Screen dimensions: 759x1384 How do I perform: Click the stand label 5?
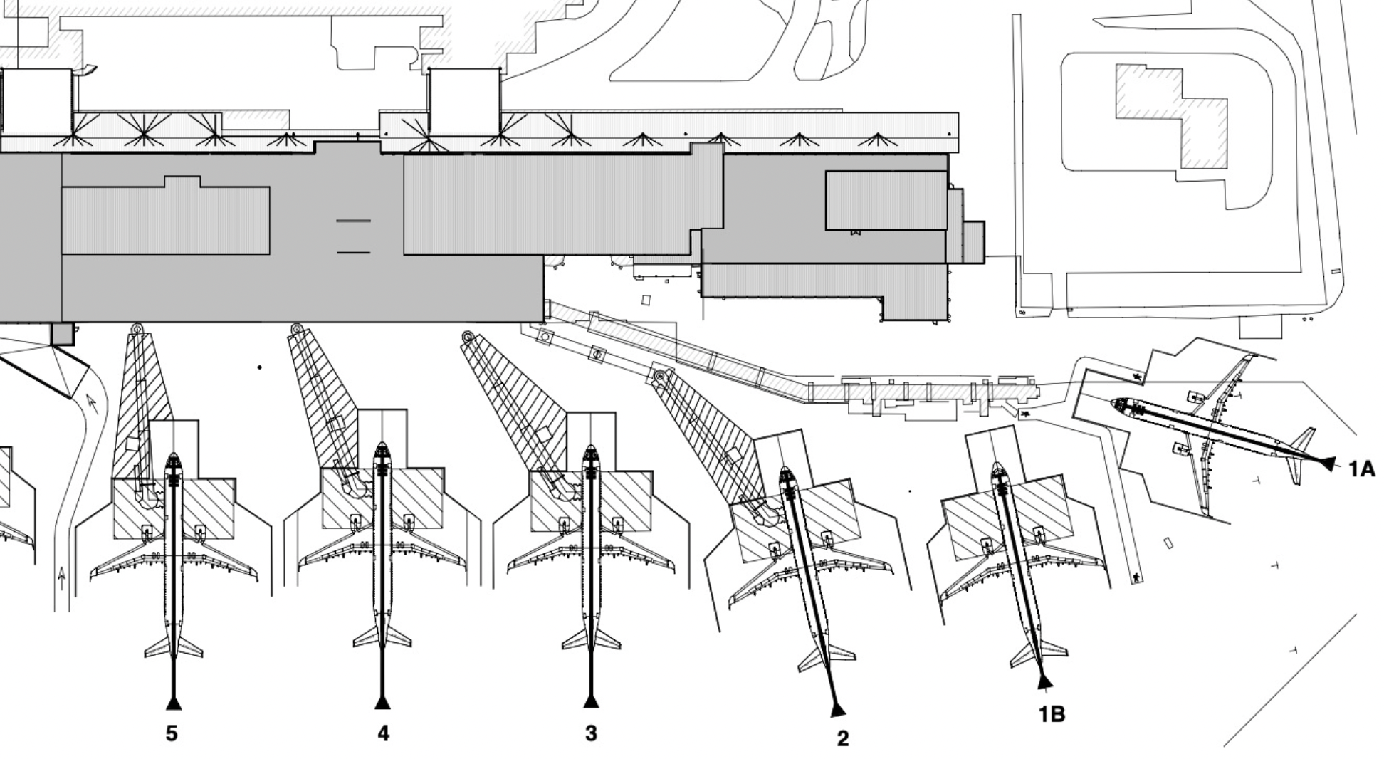pyautogui.click(x=172, y=733)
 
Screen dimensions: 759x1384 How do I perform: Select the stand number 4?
pyautogui.click(x=383, y=733)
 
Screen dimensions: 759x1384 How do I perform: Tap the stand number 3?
pyautogui.click(x=591, y=733)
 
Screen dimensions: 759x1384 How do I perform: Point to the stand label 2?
pyautogui.click(x=842, y=738)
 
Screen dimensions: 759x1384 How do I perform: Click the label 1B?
pyautogui.click(x=1052, y=713)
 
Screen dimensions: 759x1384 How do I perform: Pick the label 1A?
pyautogui.click(x=1361, y=469)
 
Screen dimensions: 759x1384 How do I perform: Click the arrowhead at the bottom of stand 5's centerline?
pyautogui.click(x=174, y=703)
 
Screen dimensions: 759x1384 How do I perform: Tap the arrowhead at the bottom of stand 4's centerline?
pyautogui.click(x=382, y=703)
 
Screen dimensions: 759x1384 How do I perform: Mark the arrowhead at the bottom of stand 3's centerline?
pyautogui.click(x=591, y=702)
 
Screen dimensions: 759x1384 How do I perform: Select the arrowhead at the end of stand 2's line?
pyautogui.click(x=838, y=709)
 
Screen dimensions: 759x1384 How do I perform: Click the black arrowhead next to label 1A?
pyautogui.click(x=1328, y=464)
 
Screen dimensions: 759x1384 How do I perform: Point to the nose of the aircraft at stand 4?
pyautogui.click(x=382, y=446)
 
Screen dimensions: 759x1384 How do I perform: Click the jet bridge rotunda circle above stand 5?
pyautogui.click(x=137, y=329)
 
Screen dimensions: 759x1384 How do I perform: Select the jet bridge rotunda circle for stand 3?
pyautogui.click(x=468, y=337)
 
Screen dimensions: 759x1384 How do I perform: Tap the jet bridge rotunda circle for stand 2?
pyautogui.click(x=660, y=375)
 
